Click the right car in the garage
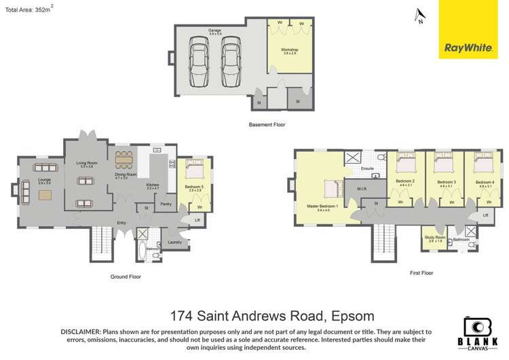point(231,62)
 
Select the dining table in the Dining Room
point(124,162)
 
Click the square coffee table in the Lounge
point(45,195)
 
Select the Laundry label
point(174,242)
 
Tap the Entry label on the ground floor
point(121,223)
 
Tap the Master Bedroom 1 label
point(322,206)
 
